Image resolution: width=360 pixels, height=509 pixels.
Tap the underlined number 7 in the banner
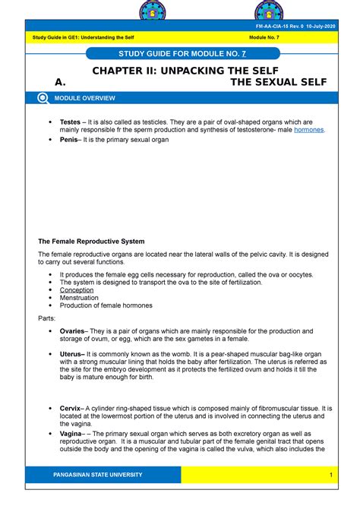click(243, 53)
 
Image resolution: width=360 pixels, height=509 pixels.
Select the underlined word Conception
click(77, 289)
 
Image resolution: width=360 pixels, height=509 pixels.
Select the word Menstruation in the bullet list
click(79, 298)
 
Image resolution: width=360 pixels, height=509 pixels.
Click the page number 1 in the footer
click(332, 475)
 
